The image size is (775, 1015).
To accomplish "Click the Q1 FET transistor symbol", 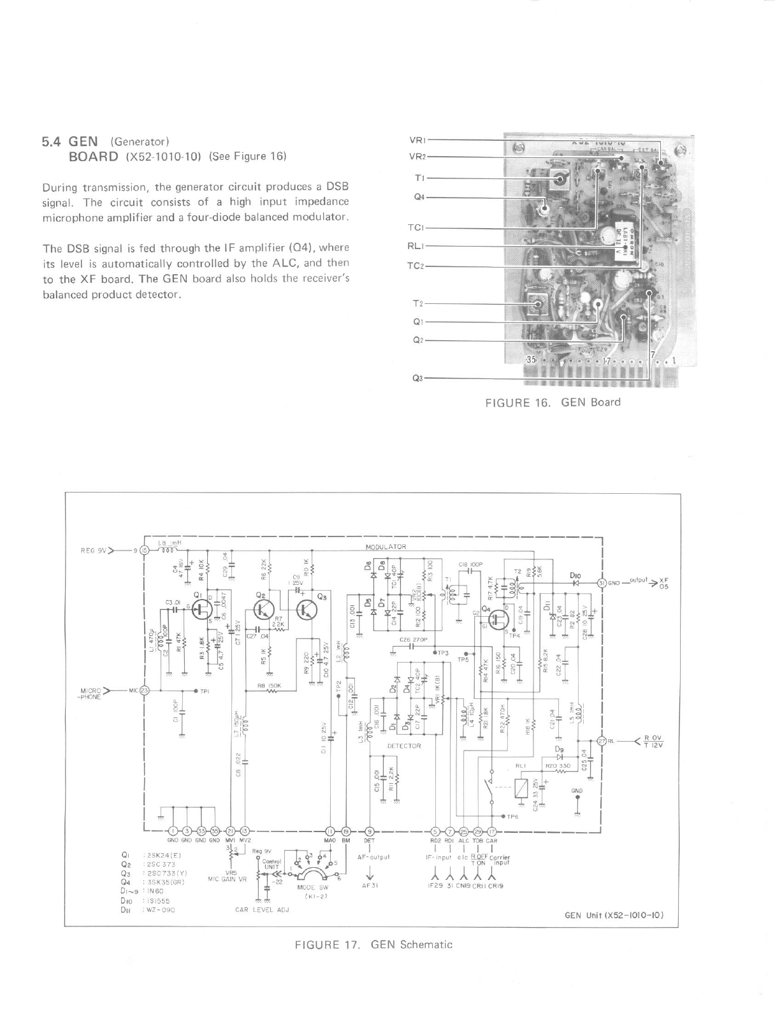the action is (203, 608).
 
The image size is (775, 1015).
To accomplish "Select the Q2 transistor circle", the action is (262, 610).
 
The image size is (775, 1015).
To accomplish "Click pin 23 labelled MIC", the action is (145, 690).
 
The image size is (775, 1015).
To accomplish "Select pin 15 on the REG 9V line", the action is (145, 550).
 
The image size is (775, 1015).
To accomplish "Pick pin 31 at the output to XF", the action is (601, 582).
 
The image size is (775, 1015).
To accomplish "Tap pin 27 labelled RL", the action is (601, 741).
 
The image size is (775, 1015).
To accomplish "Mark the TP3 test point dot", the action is (435, 653).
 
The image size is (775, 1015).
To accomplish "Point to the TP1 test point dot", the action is (195, 691).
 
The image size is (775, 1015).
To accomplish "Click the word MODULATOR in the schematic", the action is (386, 547).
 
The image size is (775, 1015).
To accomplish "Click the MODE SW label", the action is (312, 887).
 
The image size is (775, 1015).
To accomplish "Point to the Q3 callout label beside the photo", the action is (418, 378).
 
